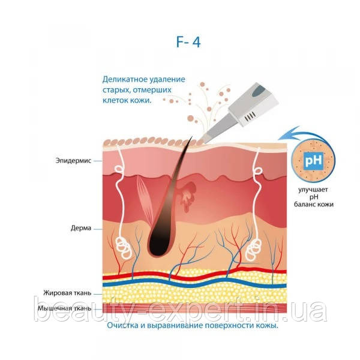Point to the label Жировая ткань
pyautogui.click(x=67, y=293)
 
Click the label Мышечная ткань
pyautogui.click(x=65, y=308)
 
